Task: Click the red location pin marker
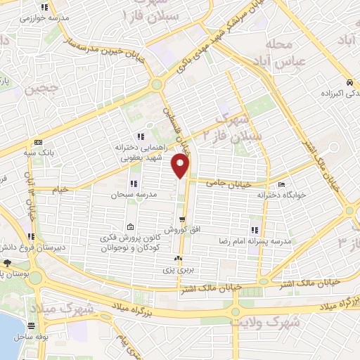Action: coord(181,167)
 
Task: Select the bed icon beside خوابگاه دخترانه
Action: coord(282,186)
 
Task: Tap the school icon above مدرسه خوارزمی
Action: coord(45,7)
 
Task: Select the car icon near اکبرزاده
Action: coord(349,81)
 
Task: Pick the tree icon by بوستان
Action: coord(7,262)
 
